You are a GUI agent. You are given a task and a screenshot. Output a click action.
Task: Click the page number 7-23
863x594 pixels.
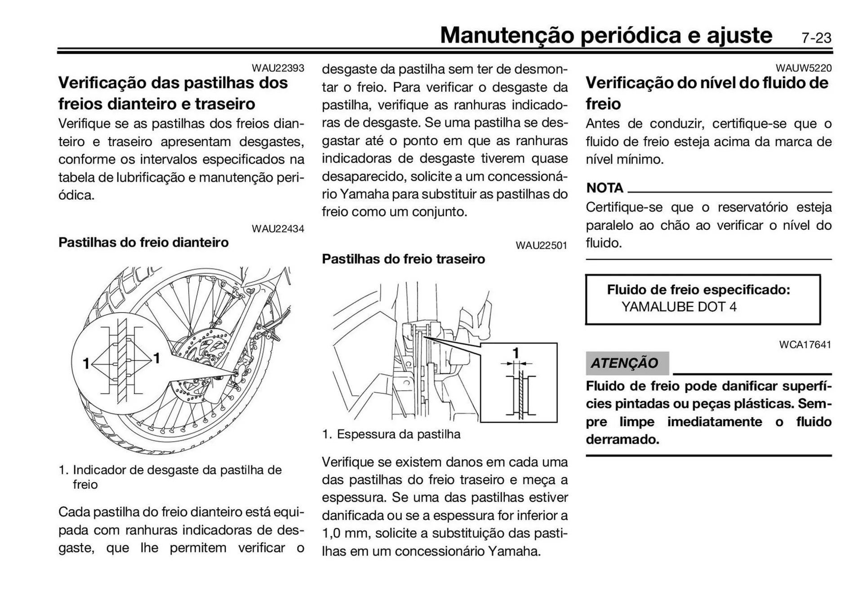(x=816, y=38)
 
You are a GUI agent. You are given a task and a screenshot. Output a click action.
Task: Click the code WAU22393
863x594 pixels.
(x=278, y=68)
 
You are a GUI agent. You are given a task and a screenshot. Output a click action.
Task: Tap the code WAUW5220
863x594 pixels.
(x=803, y=68)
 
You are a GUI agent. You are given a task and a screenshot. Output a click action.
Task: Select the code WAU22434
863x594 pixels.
(x=278, y=229)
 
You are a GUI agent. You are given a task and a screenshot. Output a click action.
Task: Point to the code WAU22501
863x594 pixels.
(x=541, y=246)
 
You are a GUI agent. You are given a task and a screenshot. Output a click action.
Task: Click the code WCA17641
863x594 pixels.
(x=805, y=345)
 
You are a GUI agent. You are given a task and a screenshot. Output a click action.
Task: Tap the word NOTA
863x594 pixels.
(x=605, y=188)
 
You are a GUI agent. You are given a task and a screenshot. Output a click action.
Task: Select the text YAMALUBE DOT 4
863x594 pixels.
(x=679, y=307)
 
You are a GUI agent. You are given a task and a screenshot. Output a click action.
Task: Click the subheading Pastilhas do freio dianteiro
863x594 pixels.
(x=143, y=243)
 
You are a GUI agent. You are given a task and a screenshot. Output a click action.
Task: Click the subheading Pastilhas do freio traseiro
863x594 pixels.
(x=403, y=259)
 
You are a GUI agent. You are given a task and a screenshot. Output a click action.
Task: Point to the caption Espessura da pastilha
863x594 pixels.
(x=398, y=434)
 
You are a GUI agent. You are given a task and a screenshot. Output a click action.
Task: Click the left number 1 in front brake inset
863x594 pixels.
(x=86, y=363)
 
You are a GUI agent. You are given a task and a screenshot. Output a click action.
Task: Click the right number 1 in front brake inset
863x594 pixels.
(x=156, y=358)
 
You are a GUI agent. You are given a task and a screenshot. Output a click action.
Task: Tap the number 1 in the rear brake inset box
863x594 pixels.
(x=516, y=353)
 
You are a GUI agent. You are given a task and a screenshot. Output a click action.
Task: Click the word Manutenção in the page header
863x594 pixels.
(x=507, y=35)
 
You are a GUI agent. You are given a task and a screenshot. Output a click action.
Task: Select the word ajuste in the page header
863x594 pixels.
(x=739, y=35)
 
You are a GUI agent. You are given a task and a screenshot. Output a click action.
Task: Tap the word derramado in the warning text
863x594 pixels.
(x=622, y=440)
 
